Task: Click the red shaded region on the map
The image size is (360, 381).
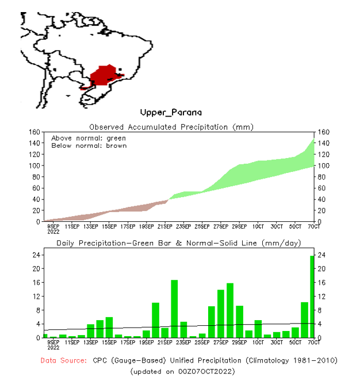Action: (104, 76)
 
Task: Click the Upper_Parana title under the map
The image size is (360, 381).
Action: (171, 112)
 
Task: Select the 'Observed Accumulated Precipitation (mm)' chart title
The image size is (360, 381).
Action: (171, 127)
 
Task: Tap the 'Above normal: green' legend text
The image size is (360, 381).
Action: (89, 138)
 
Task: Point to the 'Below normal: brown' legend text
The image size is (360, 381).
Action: (89, 145)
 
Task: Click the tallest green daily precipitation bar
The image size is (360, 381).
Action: (312, 297)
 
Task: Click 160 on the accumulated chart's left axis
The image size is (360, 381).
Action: (33, 132)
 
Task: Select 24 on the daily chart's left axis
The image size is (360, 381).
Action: (35, 255)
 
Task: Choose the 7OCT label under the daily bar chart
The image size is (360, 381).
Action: (313, 342)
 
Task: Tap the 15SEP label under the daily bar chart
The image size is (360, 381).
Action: (109, 342)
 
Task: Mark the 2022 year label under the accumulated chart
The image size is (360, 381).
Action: (53, 233)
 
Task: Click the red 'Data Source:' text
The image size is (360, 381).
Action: (64, 360)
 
